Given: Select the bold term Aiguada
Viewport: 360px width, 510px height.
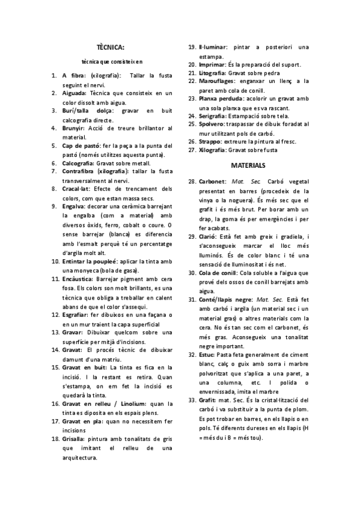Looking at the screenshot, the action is click(74, 93).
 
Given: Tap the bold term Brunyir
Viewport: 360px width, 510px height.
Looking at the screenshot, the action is click(73, 128).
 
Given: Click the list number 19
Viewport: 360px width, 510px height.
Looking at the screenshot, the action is click(192, 47).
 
